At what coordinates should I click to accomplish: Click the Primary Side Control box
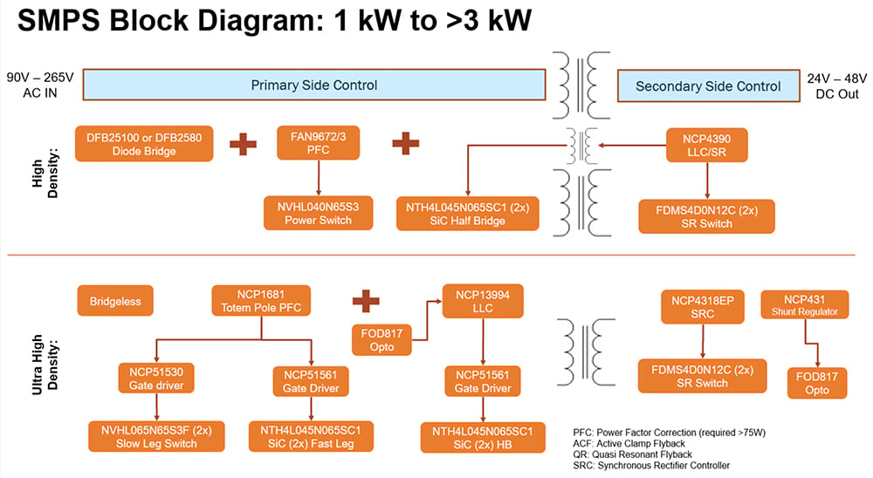(314, 85)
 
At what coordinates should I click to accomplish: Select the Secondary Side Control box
(708, 86)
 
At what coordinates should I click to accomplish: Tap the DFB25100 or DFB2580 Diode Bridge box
(144, 144)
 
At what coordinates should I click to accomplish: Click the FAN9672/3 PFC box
(318, 143)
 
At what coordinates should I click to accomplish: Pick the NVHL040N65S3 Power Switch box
(318, 213)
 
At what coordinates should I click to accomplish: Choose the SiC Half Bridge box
(468, 214)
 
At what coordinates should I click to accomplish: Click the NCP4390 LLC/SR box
(706, 146)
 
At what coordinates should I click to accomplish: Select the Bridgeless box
(115, 301)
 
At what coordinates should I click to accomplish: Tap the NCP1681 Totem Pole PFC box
(261, 300)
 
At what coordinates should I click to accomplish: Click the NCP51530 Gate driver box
(156, 379)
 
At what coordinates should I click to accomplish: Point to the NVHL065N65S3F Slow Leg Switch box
(156, 436)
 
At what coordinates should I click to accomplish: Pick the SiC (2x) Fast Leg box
(311, 437)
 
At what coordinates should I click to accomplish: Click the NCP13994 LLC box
(483, 301)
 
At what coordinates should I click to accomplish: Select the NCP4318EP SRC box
(703, 307)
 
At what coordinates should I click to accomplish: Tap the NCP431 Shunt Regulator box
(805, 304)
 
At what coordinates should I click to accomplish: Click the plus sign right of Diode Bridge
(244, 144)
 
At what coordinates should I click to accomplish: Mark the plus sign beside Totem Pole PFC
(366, 300)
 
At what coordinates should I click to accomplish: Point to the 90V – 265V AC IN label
(40, 85)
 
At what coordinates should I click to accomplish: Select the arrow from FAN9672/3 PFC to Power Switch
(319, 178)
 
